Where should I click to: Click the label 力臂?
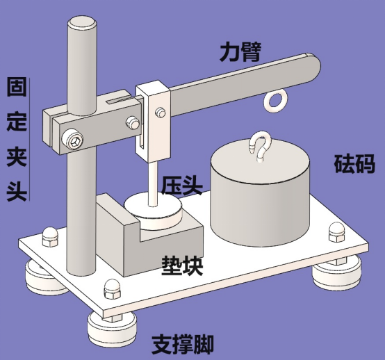(240, 52)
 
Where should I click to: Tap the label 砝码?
(354, 163)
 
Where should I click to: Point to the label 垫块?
(182, 266)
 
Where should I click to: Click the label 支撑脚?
(183, 345)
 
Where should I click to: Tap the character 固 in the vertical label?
(17, 87)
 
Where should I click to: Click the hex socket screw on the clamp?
(73, 142)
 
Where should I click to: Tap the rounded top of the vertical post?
(82, 23)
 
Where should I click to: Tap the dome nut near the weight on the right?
(338, 233)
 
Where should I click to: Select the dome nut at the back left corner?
(50, 236)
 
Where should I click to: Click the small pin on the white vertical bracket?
(161, 113)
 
